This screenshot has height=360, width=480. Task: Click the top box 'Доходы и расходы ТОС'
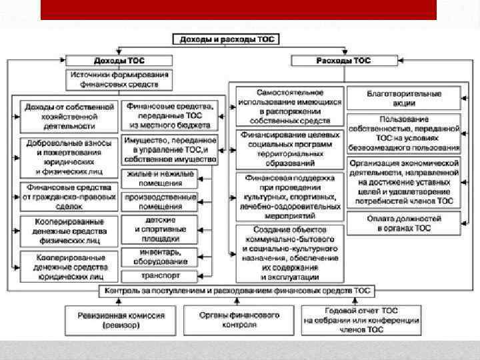point(227,39)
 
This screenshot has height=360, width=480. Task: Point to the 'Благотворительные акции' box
point(404,99)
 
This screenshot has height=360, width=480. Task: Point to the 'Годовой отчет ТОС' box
point(361,320)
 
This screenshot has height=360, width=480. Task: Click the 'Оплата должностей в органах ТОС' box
point(404,223)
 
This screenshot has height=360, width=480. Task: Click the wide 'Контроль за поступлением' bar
point(237,291)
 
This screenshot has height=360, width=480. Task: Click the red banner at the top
point(238,9)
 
